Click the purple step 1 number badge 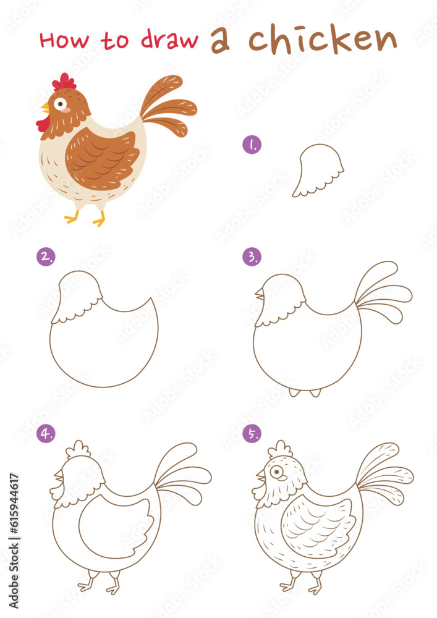pyautogui.click(x=252, y=145)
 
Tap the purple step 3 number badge pyautogui.click(x=252, y=256)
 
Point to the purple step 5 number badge pyautogui.click(x=252, y=434)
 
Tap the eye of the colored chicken pyautogui.click(x=61, y=103)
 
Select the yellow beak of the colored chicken pyautogui.click(x=45, y=108)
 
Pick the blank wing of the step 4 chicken pyautogui.click(x=114, y=525)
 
